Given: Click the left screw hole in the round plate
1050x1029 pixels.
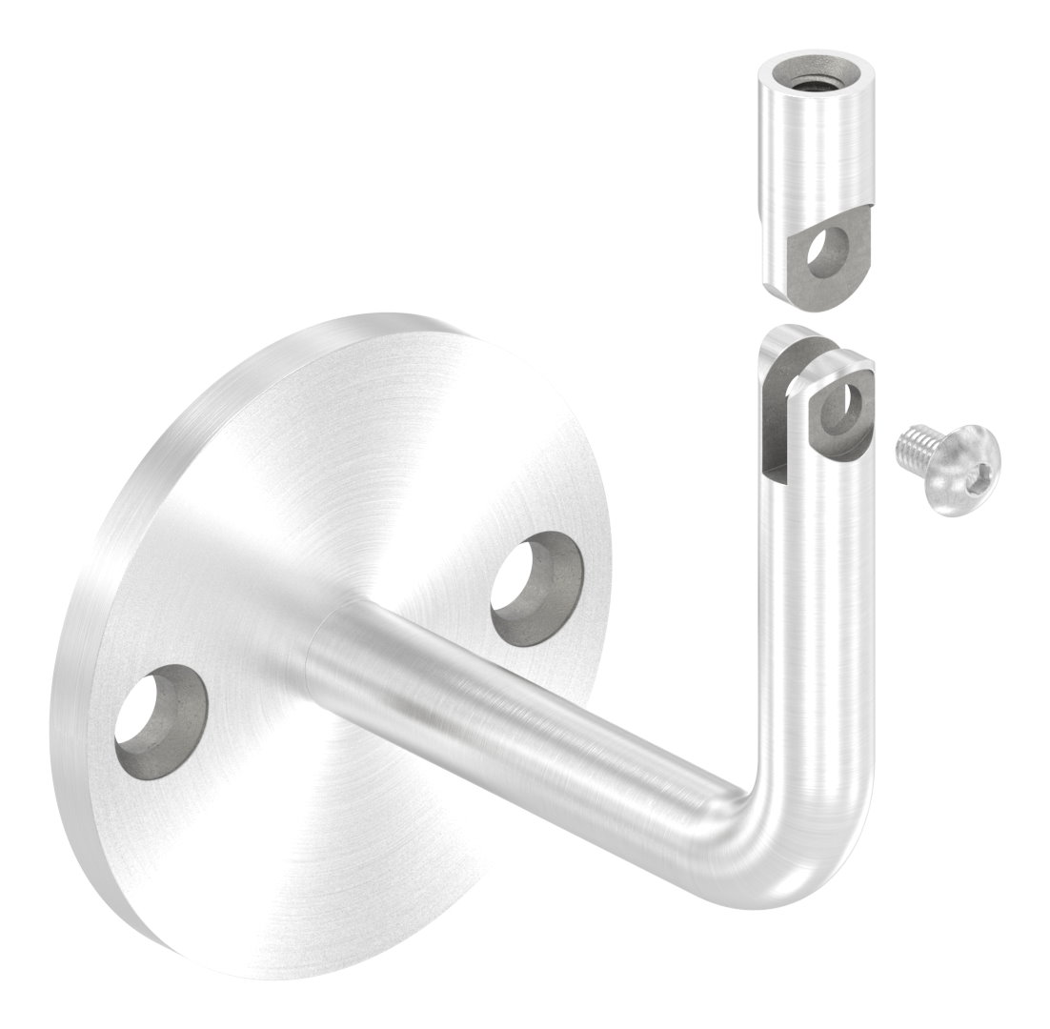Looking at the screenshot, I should (x=160, y=719).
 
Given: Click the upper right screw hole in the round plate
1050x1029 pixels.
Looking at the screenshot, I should (x=535, y=589).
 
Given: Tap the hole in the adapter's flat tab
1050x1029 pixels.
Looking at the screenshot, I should (x=826, y=252).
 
